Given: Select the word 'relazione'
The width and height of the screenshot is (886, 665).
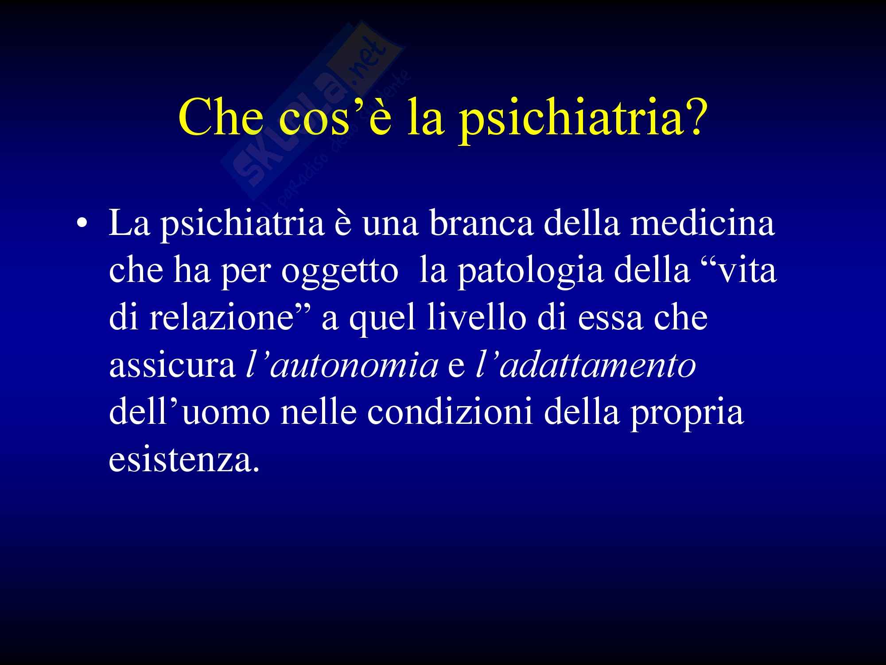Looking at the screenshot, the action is click(x=219, y=317).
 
